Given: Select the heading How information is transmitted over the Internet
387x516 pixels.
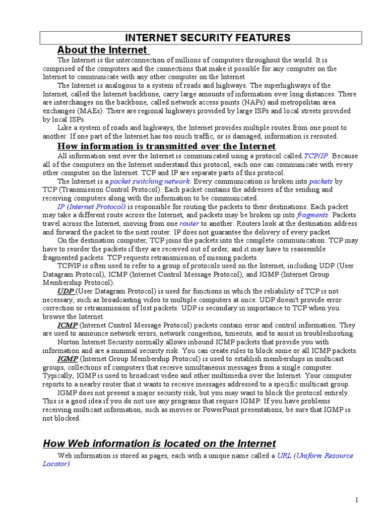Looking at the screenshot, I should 166,146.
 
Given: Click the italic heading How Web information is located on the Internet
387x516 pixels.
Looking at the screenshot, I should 159,443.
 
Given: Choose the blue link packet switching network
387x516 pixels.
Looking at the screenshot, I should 150,181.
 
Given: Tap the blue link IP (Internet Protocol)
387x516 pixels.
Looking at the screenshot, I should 91,207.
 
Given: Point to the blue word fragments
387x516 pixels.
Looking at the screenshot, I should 312,215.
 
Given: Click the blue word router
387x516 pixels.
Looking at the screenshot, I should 189,223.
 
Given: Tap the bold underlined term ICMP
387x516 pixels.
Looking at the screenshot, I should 67,325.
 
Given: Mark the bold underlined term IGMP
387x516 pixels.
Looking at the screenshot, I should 67,359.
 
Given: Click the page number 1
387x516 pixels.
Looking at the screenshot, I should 356,500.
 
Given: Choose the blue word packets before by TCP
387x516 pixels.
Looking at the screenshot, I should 320,181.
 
